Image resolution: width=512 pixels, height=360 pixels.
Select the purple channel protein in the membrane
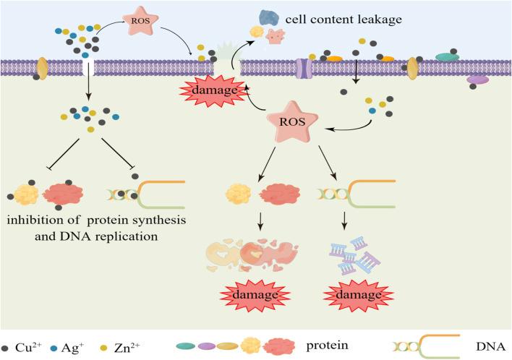click(x=306, y=69)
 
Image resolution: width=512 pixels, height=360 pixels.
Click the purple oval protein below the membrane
click(x=478, y=80)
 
